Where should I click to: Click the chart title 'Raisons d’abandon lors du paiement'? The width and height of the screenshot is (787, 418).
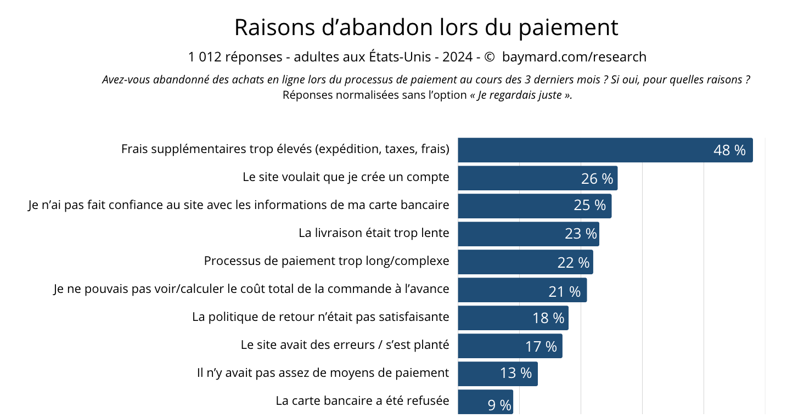(426, 27)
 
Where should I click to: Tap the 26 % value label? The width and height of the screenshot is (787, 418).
(597, 179)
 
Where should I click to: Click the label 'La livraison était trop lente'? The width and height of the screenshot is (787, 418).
(374, 233)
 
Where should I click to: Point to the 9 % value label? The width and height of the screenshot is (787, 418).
(499, 405)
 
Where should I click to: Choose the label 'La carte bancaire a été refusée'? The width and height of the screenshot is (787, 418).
(362, 400)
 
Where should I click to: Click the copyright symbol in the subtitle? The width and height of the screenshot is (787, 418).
(490, 57)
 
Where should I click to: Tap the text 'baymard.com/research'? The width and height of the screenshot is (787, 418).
(574, 57)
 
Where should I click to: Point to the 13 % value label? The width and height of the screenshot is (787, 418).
(516, 373)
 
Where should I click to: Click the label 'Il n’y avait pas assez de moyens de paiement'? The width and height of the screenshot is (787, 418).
(323, 373)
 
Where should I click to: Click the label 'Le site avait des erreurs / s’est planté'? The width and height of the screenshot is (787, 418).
(345, 345)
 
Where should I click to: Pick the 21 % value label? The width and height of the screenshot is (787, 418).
(564, 291)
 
